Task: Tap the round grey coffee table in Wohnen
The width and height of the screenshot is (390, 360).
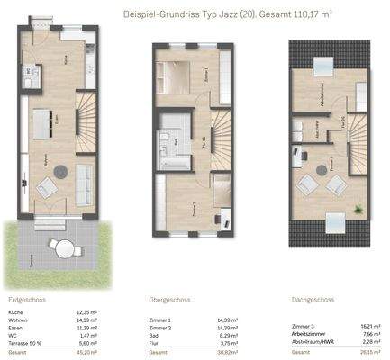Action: coord(60,170)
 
